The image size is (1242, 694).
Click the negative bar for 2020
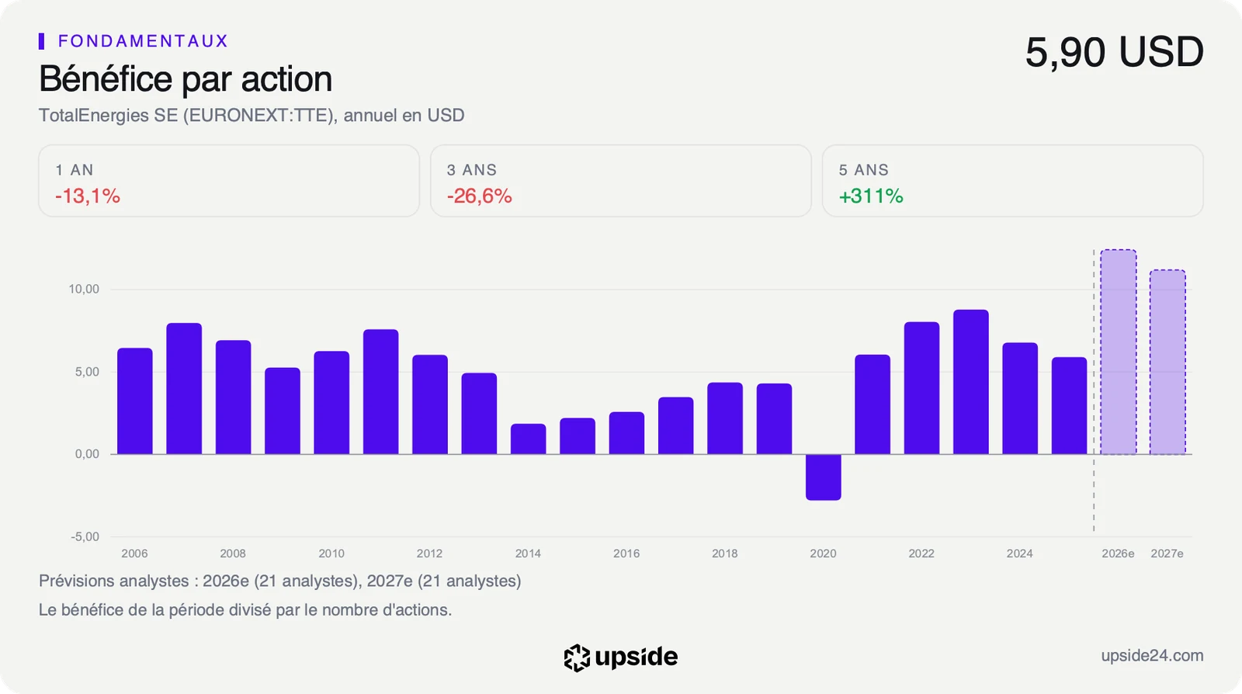point(824,477)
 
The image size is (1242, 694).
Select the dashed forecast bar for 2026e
point(1119,352)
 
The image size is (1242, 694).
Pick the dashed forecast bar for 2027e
point(1167,362)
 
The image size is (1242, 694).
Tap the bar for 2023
point(971,382)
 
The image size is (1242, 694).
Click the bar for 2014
point(529,439)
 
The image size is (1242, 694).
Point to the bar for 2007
point(184,389)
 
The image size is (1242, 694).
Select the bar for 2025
point(1070,406)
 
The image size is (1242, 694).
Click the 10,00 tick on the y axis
point(84,289)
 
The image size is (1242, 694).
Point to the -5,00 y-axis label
point(85,536)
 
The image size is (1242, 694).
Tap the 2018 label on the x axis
point(725,553)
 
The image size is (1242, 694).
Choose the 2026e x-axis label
point(1118,553)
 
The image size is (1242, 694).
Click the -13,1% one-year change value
point(88,196)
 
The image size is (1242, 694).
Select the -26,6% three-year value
point(480,196)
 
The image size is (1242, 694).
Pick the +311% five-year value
point(871,196)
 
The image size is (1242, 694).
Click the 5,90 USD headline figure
point(1115,52)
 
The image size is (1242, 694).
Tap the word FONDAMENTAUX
point(143,41)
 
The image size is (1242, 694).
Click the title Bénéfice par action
point(186,78)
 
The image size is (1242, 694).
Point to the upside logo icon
point(577,658)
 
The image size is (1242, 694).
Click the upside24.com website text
point(1152,655)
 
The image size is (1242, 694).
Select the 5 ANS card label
point(864,170)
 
